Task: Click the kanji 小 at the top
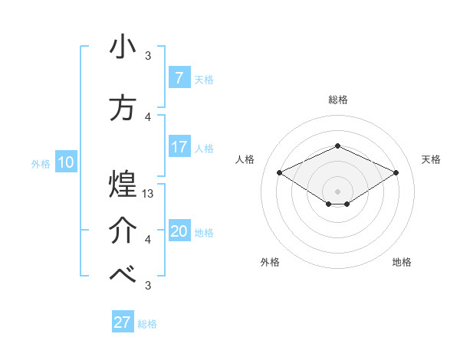(123, 47)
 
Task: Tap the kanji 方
(123, 107)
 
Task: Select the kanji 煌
(123, 184)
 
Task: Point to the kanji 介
(123, 231)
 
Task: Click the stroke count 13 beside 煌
(149, 194)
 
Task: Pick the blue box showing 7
(179, 77)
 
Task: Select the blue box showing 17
(179, 147)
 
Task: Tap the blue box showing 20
(179, 231)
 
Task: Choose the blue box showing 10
(65, 162)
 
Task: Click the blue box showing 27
(122, 322)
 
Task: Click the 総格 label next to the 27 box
(147, 324)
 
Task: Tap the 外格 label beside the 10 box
(40, 163)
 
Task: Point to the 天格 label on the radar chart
(431, 159)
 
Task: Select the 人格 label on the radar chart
(245, 159)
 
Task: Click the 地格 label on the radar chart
(402, 262)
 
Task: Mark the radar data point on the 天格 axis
(396, 172)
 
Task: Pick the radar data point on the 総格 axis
(337, 146)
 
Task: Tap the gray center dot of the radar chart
(337, 190)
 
